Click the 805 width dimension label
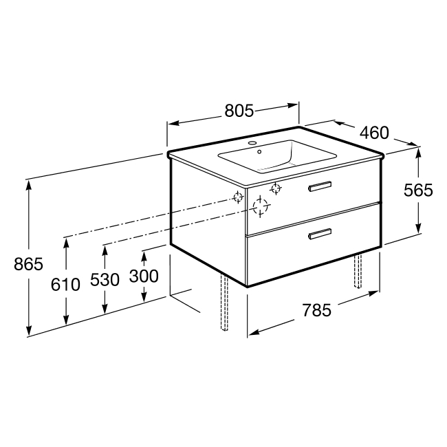pos(239,111)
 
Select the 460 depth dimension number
pos(374,133)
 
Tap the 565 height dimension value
pos(418,190)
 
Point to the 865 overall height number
pos(28,264)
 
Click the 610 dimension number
pos(65,285)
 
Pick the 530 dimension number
pos(105,280)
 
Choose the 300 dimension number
pos(144,276)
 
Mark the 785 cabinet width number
pos(317,310)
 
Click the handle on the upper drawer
pos(320,186)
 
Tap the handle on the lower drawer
pos(320,234)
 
